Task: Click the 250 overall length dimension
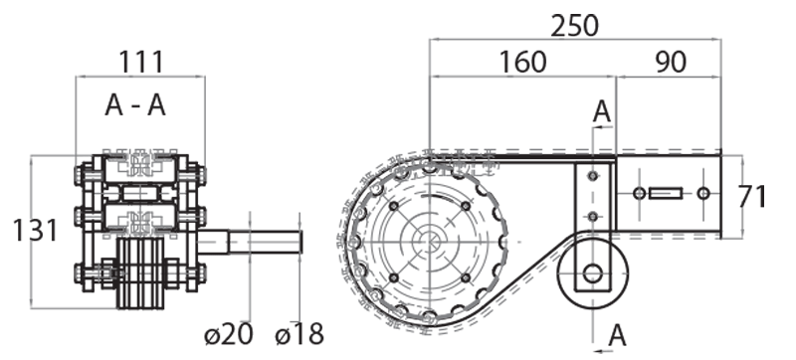[x=575, y=24]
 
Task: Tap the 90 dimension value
[x=672, y=62]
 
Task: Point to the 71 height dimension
[x=753, y=196]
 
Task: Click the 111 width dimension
[x=140, y=62]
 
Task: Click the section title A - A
[x=135, y=106]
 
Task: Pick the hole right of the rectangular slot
[x=703, y=192]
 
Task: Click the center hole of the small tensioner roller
[x=593, y=272]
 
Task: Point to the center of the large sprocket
[x=429, y=240]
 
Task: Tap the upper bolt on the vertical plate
[x=593, y=177]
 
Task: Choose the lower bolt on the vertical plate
[x=593, y=217]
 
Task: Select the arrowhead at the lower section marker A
[x=597, y=350]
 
